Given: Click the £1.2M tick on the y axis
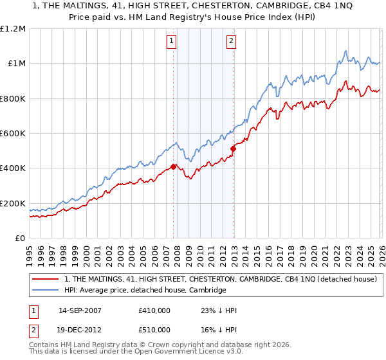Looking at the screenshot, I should coord(13,28).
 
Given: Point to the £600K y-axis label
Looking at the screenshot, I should coord(13,133).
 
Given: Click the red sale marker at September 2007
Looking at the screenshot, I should coord(174,166).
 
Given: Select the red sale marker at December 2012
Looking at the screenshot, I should coord(234,149).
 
